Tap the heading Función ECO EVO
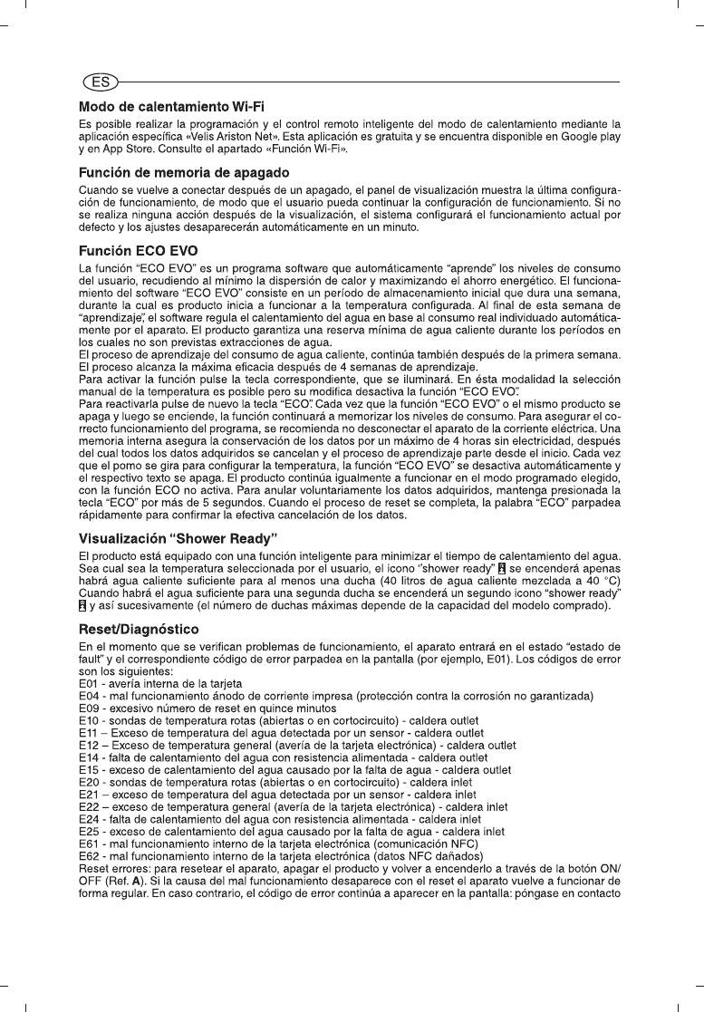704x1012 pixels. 138,250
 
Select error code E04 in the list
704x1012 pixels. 90,695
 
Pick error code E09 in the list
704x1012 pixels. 90,707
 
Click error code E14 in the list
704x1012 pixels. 90,756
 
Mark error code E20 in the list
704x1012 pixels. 90,780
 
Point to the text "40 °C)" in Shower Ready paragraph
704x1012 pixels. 601,581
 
